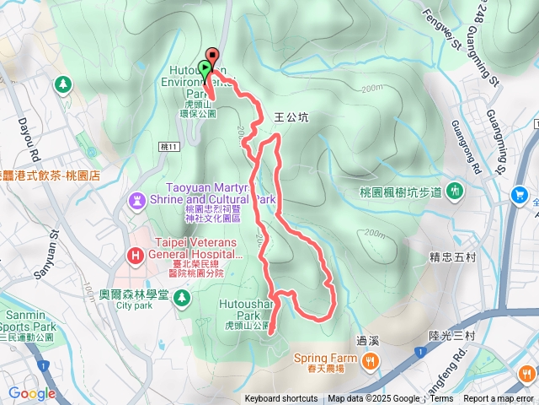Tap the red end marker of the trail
point(211,56)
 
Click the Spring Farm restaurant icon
point(371,361)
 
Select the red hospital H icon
point(135,254)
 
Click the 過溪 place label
point(369,341)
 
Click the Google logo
point(32,393)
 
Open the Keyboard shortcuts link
point(281,399)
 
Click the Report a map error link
point(499,399)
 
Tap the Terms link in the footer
point(441,399)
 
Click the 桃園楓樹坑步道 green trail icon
point(455,191)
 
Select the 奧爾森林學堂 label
point(135,295)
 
